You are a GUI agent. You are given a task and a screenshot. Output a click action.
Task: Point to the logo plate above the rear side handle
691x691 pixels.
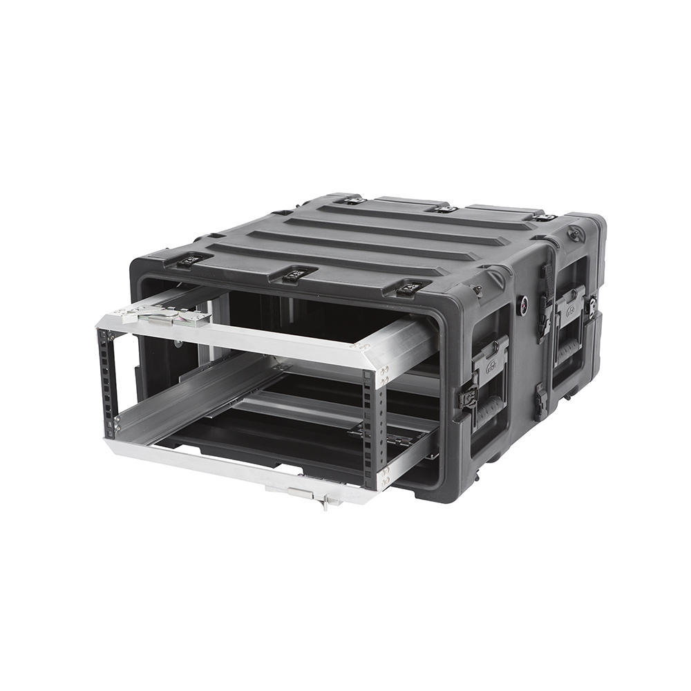coord(571,301)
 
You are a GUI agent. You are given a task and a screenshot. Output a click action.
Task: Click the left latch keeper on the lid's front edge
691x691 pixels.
coord(189,261)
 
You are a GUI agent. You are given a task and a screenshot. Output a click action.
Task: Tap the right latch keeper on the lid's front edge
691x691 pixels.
coord(410,287)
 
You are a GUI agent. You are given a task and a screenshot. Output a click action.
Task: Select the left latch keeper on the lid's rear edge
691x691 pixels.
coord(354,200)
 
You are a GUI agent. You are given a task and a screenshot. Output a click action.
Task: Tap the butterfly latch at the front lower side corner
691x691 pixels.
coord(468,396)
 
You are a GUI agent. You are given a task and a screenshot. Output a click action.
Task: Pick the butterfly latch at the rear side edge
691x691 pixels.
coord(592,304)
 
